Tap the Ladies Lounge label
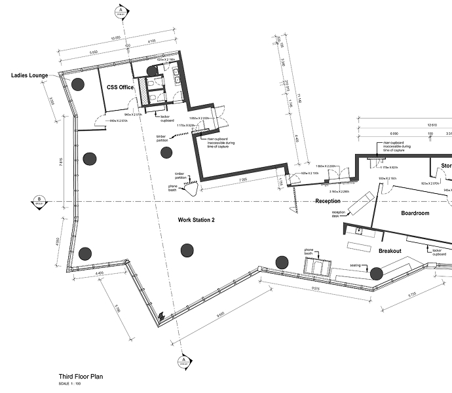click(x=30, y=75)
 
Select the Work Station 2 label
click(x=197, y=220)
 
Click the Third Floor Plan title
click(x=81, y=377)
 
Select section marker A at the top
click(x=121, y=11)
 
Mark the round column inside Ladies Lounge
click(x=78, y=83)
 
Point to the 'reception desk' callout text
click(x=339, y=214)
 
